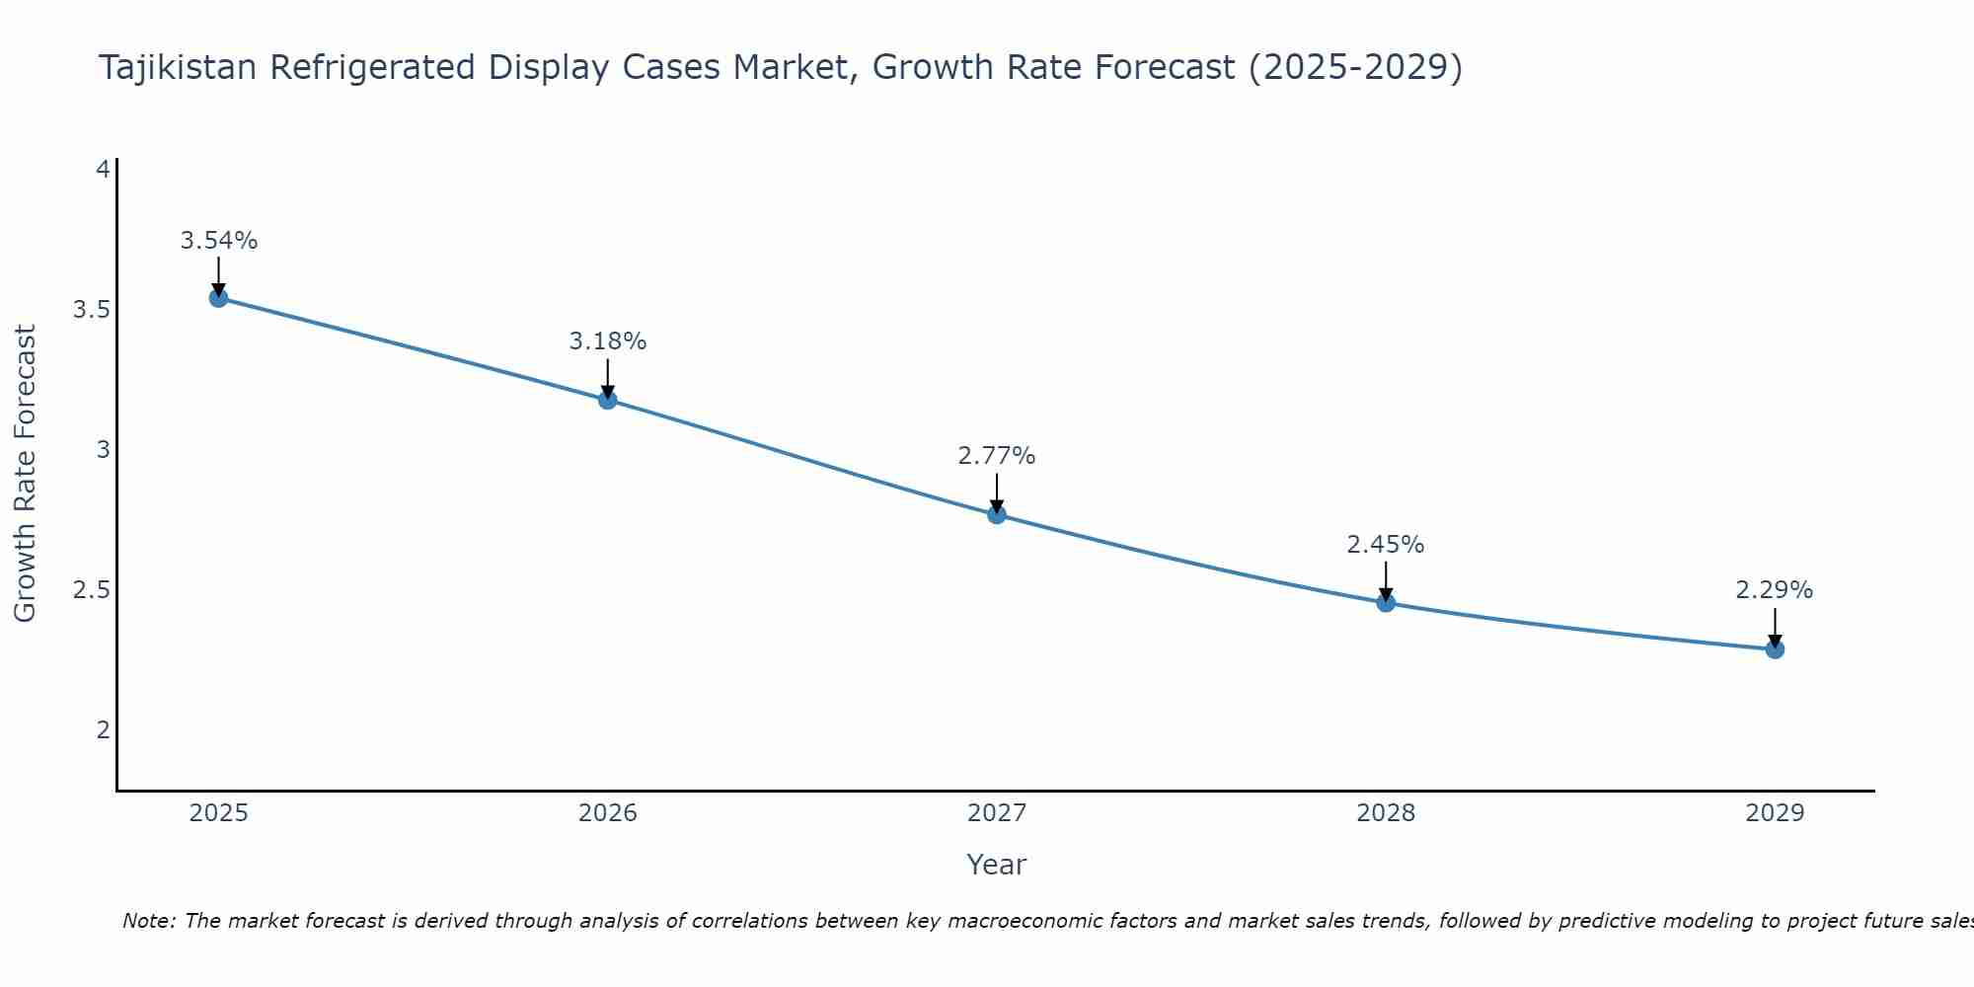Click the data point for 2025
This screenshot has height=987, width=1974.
219,298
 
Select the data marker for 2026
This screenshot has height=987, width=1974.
608,400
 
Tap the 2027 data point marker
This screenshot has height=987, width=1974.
997,514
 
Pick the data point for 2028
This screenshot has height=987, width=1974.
1386,603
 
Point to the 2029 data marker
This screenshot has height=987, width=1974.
1775,649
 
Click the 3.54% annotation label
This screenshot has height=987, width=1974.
219,241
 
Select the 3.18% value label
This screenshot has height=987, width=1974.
608,342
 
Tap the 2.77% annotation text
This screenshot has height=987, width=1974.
997,456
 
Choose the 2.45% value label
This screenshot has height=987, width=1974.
1386,545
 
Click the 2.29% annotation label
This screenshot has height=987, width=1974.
1775,590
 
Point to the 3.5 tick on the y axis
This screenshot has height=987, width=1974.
91,310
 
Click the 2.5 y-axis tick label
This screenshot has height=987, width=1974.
91,590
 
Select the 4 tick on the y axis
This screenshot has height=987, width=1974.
102,170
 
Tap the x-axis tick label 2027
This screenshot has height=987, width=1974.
997,813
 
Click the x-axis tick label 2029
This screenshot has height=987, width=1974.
1775,813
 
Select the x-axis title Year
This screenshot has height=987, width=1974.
997,865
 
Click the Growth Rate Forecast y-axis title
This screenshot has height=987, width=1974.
26,474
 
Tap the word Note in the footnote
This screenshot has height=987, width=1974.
148,921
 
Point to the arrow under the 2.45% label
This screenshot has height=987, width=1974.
1386,580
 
